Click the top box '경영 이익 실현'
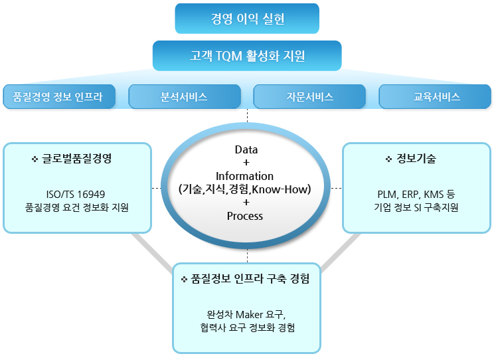click(x=247, y=19)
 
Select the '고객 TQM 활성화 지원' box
click(x=247, y=56)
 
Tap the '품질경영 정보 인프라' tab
click(x=59, y=96)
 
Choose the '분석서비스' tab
click(x=185, y=96)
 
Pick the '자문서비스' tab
click(x=309, y=96)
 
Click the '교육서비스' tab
click(x=435, y=96)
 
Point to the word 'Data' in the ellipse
click(x=246, y=149)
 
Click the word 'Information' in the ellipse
click(x=244, y=176)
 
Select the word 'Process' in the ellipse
click(x=245, y=216)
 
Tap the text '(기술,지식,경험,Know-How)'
click(x=245, y=189)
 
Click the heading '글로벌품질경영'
click(x=76, y=158)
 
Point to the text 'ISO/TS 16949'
click(x=76, y=194)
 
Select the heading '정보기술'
click(x=416, y=158)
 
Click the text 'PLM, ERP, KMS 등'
click(x=416, y=194)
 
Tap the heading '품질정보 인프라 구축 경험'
click(x=250, y=278)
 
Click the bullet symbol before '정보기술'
click(x=388, y=159)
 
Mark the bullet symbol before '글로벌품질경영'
click(x=35, y=159)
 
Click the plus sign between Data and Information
click(x=246, y=163)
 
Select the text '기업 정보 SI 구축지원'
click(x=416, y=207)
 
